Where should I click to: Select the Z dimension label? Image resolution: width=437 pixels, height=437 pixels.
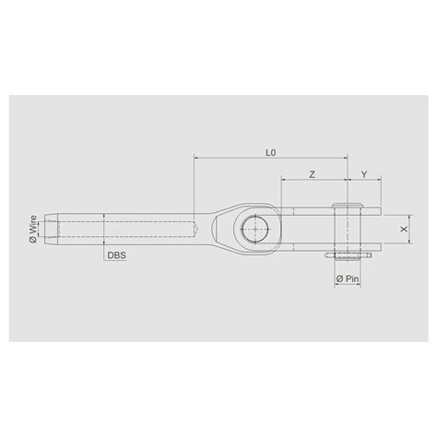[313, 173]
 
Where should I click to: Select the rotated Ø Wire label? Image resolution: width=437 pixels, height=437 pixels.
[33, 226]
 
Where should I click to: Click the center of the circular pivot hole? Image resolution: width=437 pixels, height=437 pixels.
[253, 225]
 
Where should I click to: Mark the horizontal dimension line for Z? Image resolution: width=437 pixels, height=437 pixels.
[313, 182]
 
